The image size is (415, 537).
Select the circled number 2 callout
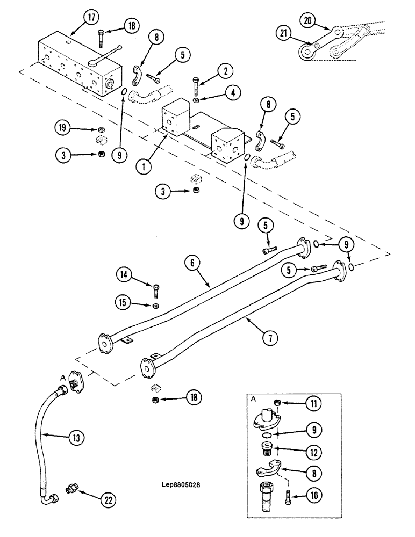tap(225, 70)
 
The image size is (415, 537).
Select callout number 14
tap(124, 276)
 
